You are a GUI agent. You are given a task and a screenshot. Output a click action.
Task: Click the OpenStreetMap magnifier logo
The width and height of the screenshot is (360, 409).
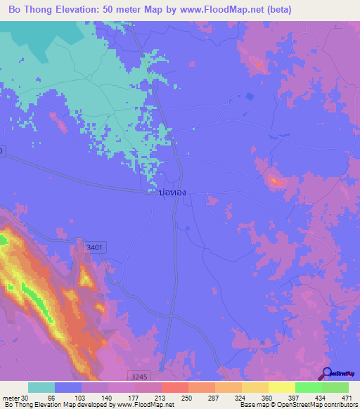coord(328,373)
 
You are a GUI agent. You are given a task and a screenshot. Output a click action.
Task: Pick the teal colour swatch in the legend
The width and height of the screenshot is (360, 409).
coord(41,387)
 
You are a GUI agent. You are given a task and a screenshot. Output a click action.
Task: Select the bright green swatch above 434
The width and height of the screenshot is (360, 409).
coord(309,387)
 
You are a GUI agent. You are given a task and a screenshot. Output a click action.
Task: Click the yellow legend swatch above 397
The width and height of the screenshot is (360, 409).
coord(282,387)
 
